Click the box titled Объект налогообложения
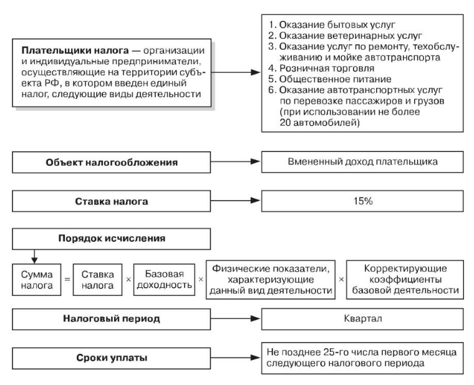[117, 163]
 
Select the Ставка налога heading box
[117, 202]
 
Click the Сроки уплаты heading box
[117, 359]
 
